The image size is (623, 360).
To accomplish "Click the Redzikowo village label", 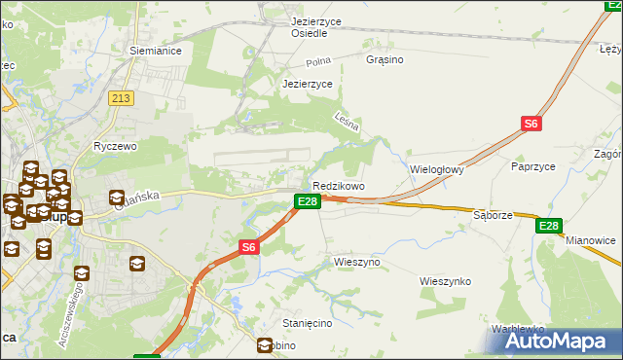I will (339, 186).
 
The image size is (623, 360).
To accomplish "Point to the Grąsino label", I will (385, 59).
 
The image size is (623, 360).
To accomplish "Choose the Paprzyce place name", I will (532, 166).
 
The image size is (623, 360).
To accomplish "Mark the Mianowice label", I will (591, 240).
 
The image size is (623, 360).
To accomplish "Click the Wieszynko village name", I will (445, 281).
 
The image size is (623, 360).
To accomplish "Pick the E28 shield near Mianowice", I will (549, 226).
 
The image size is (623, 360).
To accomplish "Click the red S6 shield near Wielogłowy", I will (531, 124).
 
